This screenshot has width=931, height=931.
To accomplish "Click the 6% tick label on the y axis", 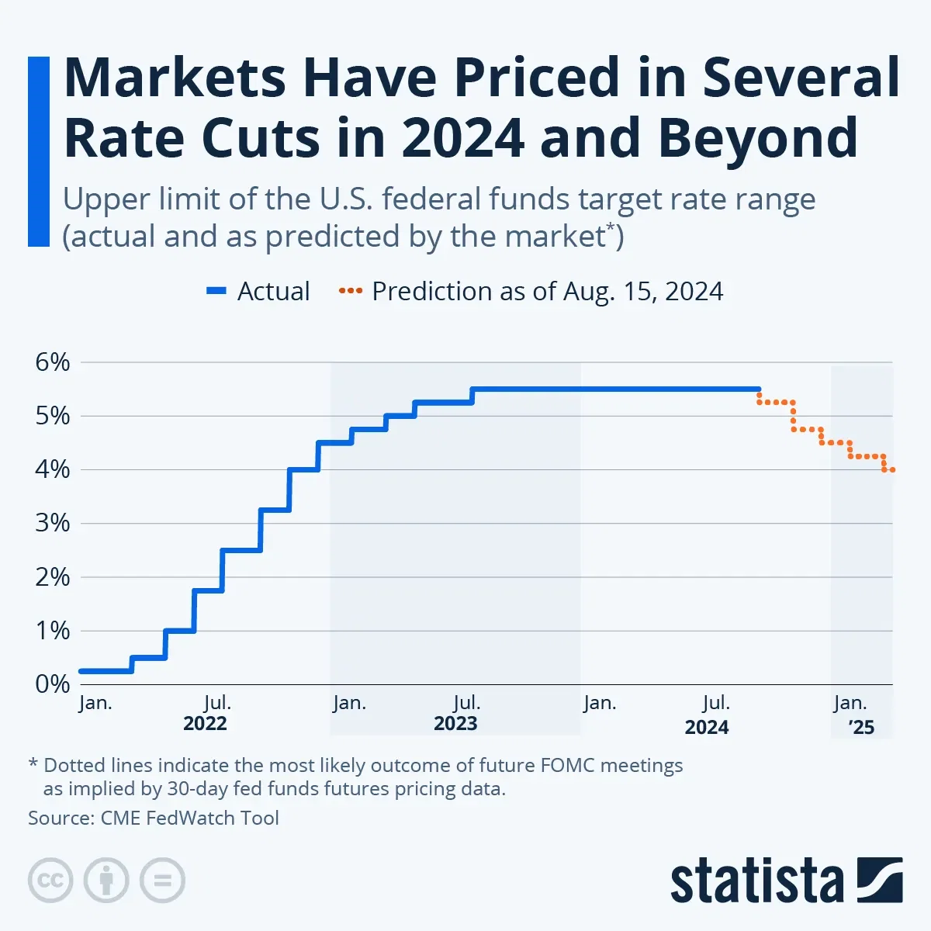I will pos(52,362).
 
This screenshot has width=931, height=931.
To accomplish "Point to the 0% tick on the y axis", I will pos(52,684).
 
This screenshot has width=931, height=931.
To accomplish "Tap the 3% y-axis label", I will pos(52,523).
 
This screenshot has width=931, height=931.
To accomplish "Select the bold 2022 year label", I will pos(205,724).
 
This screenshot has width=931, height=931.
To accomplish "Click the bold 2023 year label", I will pos(455,724).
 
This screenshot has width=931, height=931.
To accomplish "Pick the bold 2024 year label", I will pos(707,727).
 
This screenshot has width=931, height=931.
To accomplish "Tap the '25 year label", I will pos(861,727).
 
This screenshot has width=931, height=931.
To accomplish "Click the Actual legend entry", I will pos(273,292).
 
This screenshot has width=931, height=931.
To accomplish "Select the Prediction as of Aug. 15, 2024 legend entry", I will pos(547,292).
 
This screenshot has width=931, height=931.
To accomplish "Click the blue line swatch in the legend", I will pos(216,292).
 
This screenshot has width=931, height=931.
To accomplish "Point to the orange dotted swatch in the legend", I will pos(351,292).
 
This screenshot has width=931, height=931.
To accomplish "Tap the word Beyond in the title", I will pos(758,138).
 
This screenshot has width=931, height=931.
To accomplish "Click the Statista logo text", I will pos(756,881).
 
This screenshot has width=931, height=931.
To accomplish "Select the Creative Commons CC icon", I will pos(50,881).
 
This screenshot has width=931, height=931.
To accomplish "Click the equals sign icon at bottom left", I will pos(162,881).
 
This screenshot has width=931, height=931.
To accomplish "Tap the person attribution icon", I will pos(106,881).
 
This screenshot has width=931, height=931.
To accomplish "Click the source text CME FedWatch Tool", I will pos(189,818).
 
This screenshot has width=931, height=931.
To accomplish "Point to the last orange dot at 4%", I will pos(892,469).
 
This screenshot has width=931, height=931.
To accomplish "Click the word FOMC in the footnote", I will pos(559,766).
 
